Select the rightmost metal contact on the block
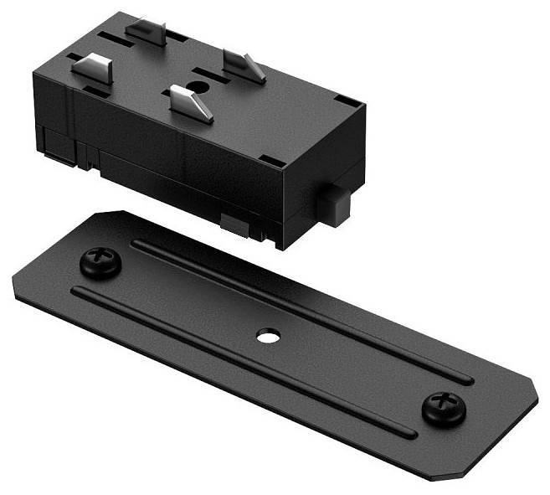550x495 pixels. [244, 64]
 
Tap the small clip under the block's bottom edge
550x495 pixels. [234, 222]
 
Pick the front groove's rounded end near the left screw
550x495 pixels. [78, 292]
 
